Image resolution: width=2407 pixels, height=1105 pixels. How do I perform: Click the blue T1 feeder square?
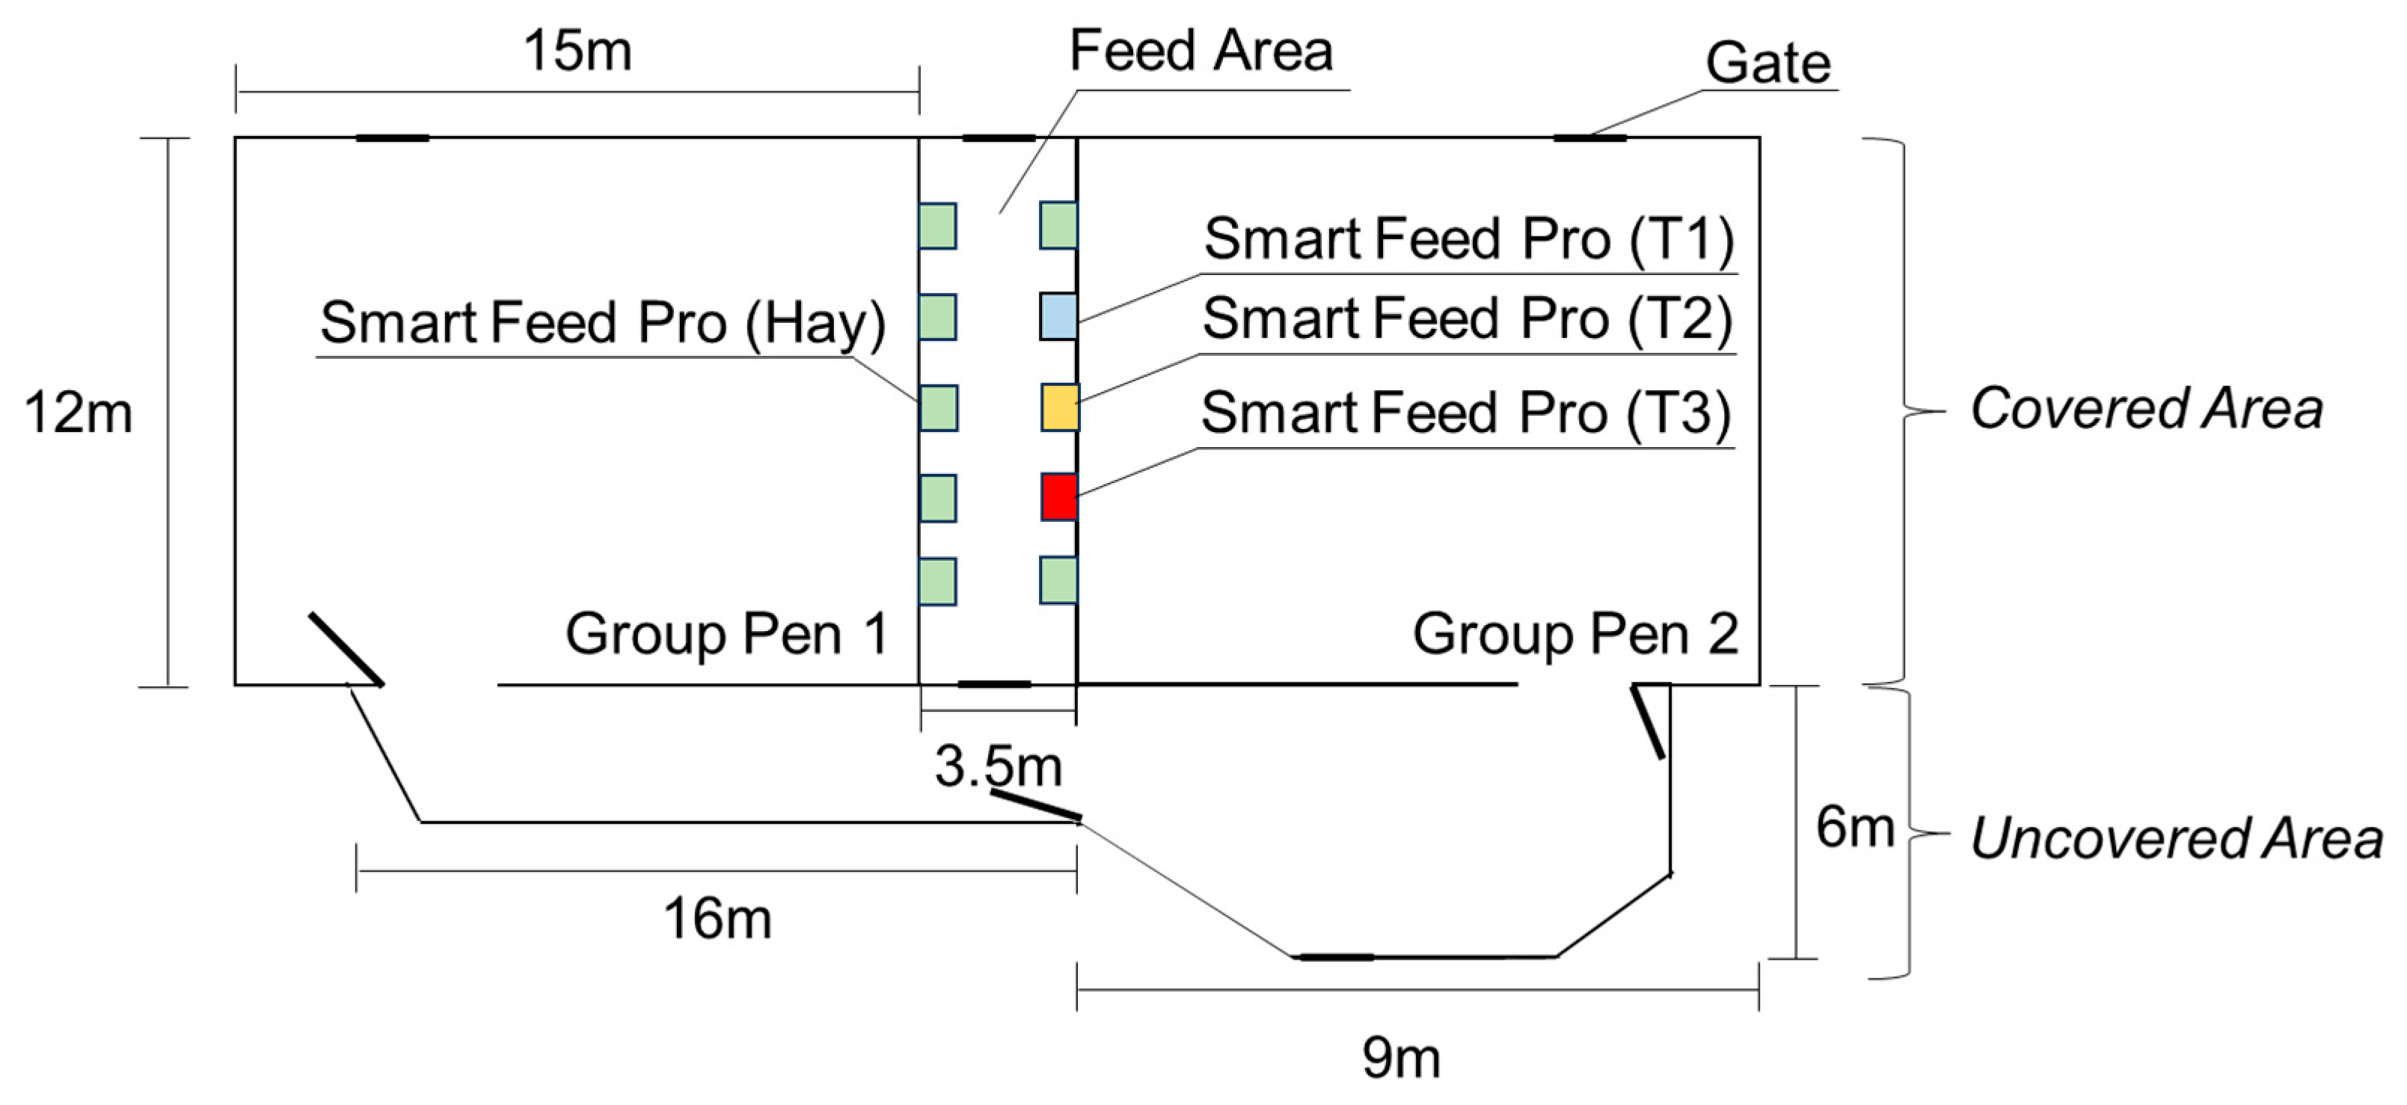[1058, 316]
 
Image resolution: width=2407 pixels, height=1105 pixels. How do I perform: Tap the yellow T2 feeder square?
[1060, 407]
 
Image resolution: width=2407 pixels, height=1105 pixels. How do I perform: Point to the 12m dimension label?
[79, 413]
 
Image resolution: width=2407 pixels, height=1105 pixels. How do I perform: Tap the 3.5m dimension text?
[998, 766]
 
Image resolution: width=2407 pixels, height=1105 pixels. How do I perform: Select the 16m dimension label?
[717, 918]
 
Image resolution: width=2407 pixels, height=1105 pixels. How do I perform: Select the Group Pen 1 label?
[726, 634]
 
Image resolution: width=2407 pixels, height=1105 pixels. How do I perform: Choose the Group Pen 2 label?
[1574, 634]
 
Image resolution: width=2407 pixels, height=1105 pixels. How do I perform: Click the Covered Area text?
[2145, 409]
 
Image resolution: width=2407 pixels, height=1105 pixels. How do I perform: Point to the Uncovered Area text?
[2176, 838]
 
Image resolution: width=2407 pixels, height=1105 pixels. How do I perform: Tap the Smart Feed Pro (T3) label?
[1465, 413]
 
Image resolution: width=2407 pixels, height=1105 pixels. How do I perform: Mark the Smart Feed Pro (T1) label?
[1468, 239]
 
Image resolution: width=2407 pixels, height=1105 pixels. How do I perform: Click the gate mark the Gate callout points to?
[1589, 138]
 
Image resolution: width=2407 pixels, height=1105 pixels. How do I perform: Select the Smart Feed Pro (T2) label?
[1467, 319]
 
